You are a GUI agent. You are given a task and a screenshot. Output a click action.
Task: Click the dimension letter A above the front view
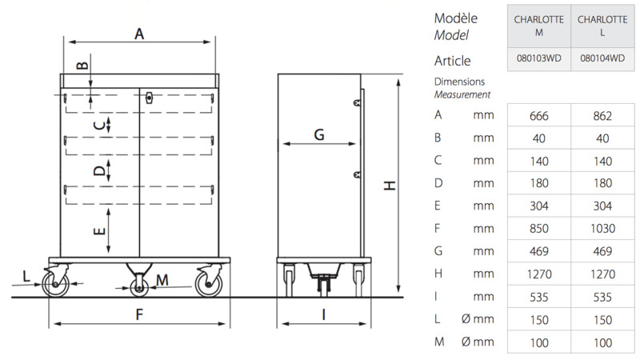pyautogui.click(x=139, y=34)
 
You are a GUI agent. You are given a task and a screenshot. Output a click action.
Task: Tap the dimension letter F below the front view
pyautogui.click(x=139, y=314)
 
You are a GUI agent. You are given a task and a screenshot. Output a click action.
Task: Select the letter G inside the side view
pyautogui.click(x=319, y=134)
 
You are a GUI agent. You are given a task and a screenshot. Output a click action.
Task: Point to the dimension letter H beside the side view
pyautogui.click(x=390, y=186)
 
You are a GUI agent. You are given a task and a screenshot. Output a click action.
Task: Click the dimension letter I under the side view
pyautogui.click(x=324, y=314)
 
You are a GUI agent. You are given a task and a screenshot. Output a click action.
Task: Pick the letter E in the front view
pyautogui.click(x=99, y=231)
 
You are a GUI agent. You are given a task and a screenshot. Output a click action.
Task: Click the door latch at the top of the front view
pyautogui.click(x=150, y=98)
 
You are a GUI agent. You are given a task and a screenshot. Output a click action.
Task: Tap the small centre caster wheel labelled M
pyautogui.click(x=139, y=288)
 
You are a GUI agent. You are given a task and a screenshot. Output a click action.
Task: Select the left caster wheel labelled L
pyautogui.click(x=55, y=283)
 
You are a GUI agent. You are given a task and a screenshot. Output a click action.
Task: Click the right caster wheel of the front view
pyautogui.click(x=209, y=283)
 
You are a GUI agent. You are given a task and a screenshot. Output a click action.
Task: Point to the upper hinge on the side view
pyautogui.click(x=357, y=102)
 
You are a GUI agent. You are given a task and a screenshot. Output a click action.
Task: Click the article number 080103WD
pyautogui.click(x=538, y=58)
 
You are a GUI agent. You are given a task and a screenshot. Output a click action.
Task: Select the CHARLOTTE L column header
pyautogui.click(x=602, y=26)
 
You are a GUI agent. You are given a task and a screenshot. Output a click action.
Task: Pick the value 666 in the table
pyautogui.click(x=538, y=116)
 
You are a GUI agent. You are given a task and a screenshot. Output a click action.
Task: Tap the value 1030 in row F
pyautogui.click(x=602, y=229)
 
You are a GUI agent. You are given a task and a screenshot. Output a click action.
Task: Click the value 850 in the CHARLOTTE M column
pyautogui.click(x=538, y=229)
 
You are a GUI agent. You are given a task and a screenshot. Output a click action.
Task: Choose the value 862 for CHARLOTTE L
pyautogui.click(x=602, y=116)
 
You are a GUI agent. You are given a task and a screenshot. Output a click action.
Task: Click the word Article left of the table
pyautogui.click(x=452, y=61)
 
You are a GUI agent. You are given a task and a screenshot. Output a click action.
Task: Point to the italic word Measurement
pyautogui.click(x=462, y=94)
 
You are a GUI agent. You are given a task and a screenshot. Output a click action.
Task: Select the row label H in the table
pyautogui.click(x=438, y=273)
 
